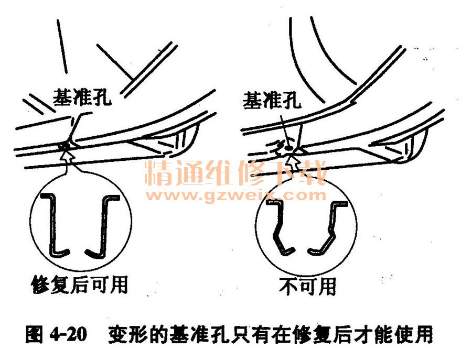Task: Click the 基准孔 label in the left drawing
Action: pyautogui.click(x=82, y=97)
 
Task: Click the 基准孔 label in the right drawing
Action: pyautogui.click(x=272, y=100)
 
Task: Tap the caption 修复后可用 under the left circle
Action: pyautogui.click(x=80, y=284)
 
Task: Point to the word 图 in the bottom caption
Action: pyautogui.click(x=34, y=334)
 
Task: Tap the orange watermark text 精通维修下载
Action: pyautogui.click(x=235, y=172)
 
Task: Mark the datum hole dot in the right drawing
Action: pyautogui.click(x=288, y=148)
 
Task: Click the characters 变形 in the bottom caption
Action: pyautogui.click(x=128, y=334)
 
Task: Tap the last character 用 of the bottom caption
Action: pyautogui.click(x=424, y=334)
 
